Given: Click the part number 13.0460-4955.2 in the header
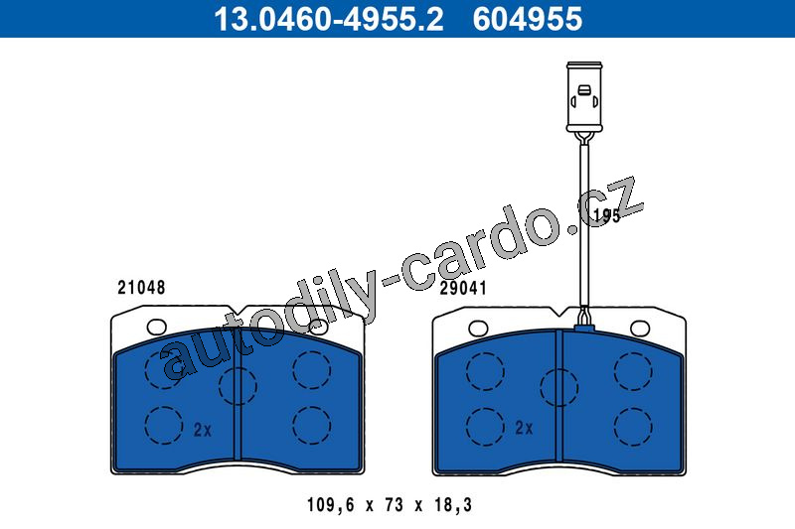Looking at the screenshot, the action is coord(329,19).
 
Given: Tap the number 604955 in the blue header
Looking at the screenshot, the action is coord(528,19).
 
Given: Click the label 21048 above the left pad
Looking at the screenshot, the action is coord(141,288).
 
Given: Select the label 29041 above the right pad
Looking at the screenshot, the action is coord(462,288).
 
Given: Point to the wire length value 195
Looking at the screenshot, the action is coord(606,216).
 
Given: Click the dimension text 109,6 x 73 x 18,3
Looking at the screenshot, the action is coord(390,505).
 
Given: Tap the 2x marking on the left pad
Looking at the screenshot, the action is coord(203,430).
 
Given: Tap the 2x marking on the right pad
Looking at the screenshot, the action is coord(524,429).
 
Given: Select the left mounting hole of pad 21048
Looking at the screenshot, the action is coord(156,327).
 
